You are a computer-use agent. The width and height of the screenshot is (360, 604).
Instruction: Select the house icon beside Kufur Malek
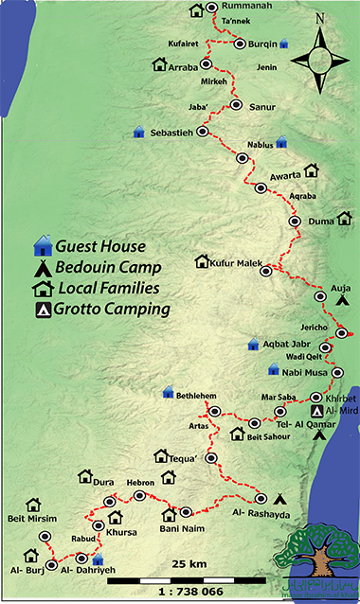tap(200, 260)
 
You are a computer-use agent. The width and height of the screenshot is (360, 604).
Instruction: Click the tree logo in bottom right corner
tap(321, 564)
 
